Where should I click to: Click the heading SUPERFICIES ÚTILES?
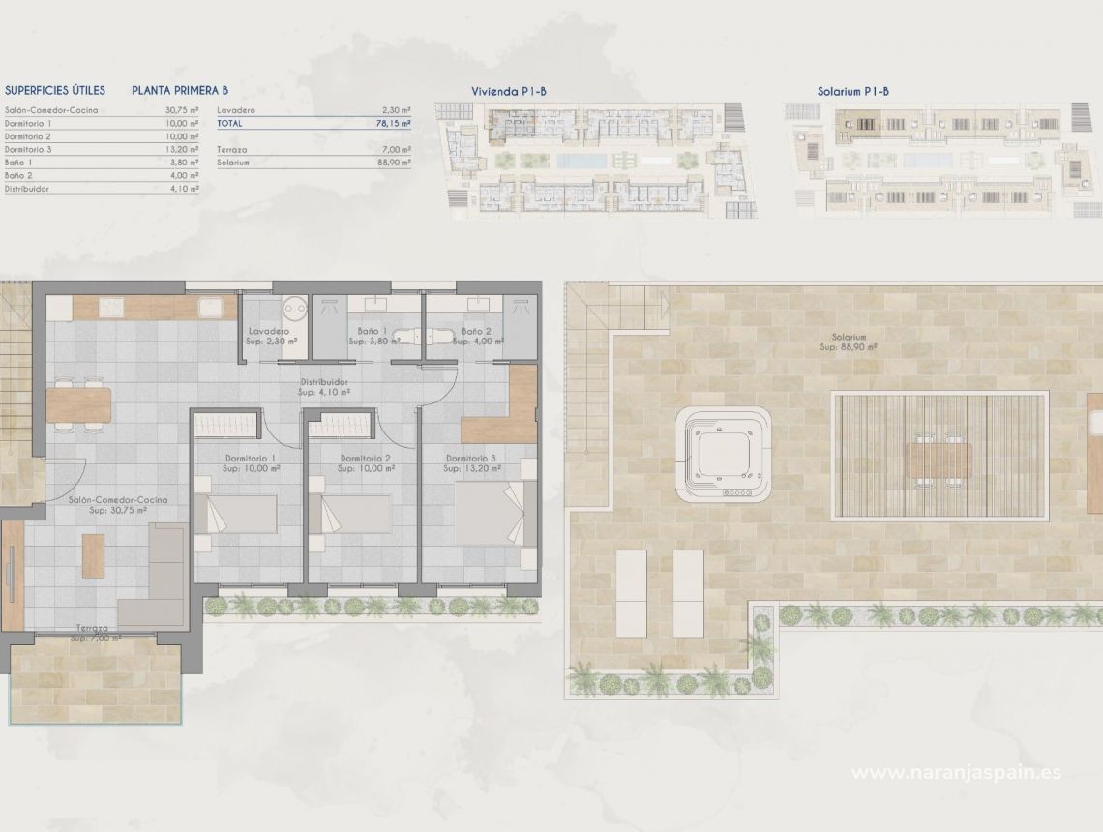[x=54, y=90]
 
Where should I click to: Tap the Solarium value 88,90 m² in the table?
[x=395, y=163]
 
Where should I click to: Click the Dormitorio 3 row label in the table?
[x=28, y=150]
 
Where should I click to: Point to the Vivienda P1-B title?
[x=509, y=91]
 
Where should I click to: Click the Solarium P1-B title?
[x=852, y=91]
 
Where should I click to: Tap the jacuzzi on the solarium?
[x=724, y=452]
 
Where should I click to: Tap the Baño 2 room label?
[x=476, y=331]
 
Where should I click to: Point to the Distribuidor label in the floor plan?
[x=324, y=381]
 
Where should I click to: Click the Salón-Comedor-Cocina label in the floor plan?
[x=118, y=499]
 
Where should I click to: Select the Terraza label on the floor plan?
[x=95, y=628]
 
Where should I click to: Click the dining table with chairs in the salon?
[x=79, y=404]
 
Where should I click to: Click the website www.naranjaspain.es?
[x=955, y=772]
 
